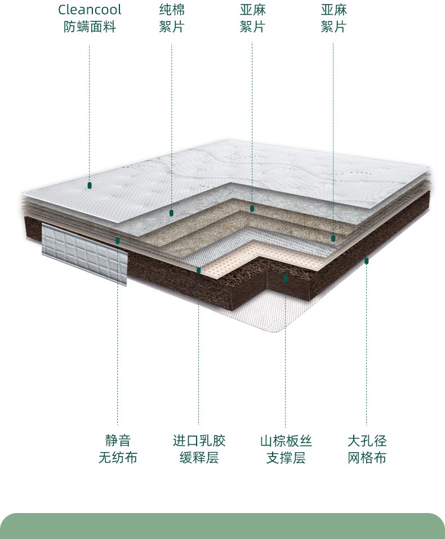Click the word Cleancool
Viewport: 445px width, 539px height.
pos(90,10)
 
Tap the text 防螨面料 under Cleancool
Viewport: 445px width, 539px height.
pos(90,26)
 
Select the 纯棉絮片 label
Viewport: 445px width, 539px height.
pos(171,18)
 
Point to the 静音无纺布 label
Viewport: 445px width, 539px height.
pos(118,449)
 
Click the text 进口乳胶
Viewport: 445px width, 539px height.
pos(199,441)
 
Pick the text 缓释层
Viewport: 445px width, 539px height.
pos(199,458)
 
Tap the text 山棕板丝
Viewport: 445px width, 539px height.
pos(286,441)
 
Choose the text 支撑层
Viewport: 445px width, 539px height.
pos(286,458)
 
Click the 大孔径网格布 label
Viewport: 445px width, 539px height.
pos(367,449)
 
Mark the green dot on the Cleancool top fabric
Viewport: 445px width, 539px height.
pos(90,185)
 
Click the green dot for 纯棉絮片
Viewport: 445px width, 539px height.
pos(171,213)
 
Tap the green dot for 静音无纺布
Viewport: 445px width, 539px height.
pos(118,241)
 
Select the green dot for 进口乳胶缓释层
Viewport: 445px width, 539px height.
pos(199,271)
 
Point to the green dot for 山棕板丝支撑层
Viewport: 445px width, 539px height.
pos(286,278)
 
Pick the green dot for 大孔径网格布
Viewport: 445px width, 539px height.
pos(367,260)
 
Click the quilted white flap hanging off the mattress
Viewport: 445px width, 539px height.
pos(84,254)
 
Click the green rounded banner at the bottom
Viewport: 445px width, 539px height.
pos(222,527)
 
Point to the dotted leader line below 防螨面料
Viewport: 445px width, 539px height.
pos(90,113)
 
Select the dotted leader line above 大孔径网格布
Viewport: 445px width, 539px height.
pos(367,350)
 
